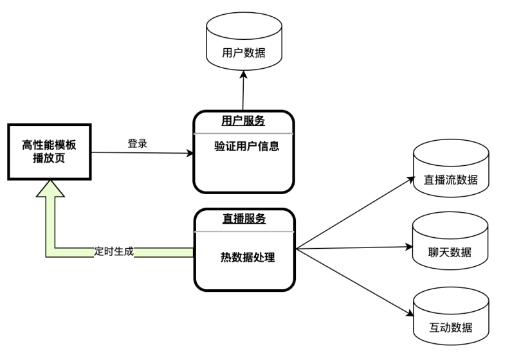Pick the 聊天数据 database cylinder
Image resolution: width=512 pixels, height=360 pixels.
450,243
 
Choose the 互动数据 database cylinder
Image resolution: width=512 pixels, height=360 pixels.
450,317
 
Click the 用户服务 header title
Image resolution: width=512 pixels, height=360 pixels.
243,122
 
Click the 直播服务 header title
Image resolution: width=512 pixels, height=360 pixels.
244,219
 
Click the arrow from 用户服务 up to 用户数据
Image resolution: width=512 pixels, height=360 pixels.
244,90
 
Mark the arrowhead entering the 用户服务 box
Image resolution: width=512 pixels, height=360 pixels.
189,154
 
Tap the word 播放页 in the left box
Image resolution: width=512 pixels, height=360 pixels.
49,158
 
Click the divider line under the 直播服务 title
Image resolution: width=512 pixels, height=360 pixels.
244,230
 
